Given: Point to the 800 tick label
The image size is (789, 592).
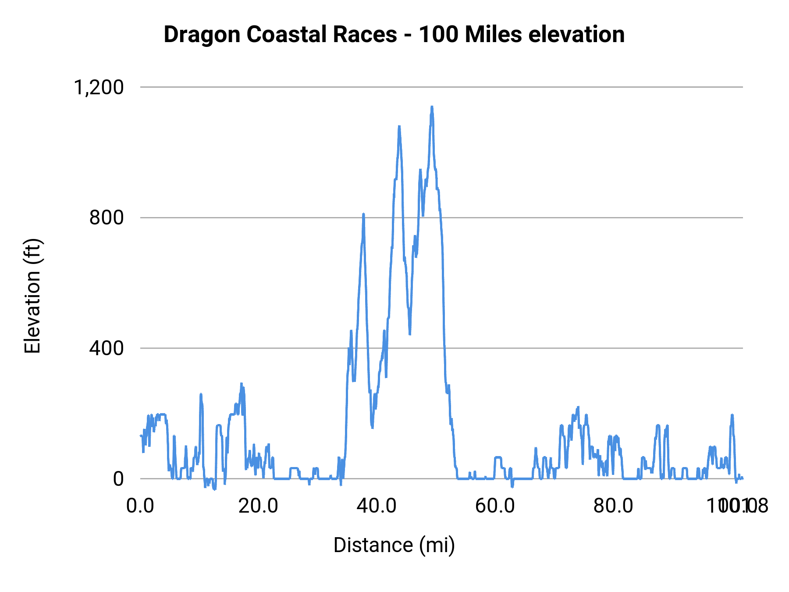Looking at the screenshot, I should tap(107, 218).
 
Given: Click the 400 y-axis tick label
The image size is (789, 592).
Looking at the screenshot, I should tap(107, 348).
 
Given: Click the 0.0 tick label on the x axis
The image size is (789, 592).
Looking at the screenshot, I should tap(140, 506).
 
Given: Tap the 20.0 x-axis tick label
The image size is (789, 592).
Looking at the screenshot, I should tap(258, 506).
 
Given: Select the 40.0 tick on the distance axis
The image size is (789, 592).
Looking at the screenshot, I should tap(377, 506).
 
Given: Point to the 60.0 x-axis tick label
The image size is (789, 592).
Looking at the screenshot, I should tap(495, 506).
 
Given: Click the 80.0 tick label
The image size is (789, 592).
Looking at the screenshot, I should tap(613, 506).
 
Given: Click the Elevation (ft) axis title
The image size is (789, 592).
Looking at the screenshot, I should tap(32, 296).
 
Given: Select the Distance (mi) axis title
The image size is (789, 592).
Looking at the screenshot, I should tap(394, 545).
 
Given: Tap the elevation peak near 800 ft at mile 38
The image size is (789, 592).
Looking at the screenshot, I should tap(363, 214).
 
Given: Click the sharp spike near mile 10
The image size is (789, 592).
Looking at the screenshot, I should tap(201, 394).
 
